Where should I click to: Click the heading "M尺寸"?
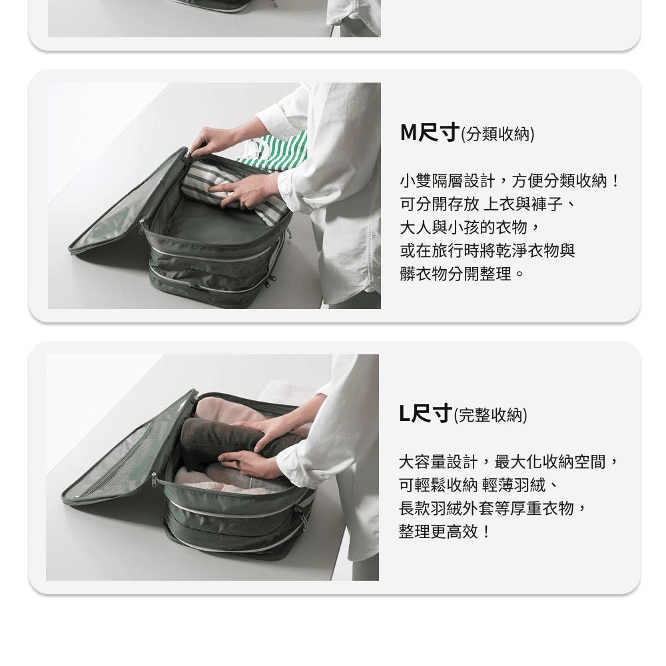pos(430,133)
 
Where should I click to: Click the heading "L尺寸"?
pos(426,414)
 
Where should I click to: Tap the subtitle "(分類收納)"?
pos(498,135)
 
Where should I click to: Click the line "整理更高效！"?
pos(445,531)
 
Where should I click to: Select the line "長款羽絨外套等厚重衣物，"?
pos(494,508)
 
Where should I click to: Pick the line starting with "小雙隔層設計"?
pos(509,181)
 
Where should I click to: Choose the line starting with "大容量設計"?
pos(509,462)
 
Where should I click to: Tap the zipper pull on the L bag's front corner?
pos(155,481)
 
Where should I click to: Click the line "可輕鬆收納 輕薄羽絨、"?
pos(478,485)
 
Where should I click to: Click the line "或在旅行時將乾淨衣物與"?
pos(488,250)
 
